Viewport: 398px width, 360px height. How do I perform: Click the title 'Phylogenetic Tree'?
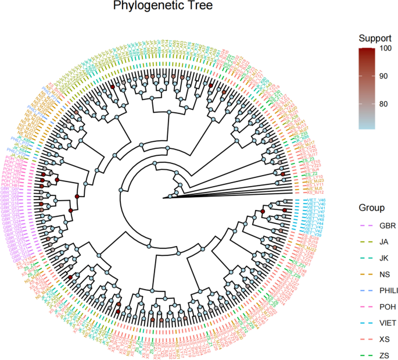point(155,8)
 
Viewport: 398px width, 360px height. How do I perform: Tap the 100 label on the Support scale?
point(386,49)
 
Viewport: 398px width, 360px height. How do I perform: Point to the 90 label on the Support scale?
point(384,76)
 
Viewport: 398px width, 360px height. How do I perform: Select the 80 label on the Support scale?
point(384,104)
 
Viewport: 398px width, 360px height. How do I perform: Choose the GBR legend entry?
point(386,224)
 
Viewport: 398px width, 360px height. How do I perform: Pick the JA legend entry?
point(383,241)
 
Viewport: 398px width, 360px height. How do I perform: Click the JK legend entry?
point(383,257)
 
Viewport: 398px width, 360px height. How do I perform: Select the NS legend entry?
point(384,273)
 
